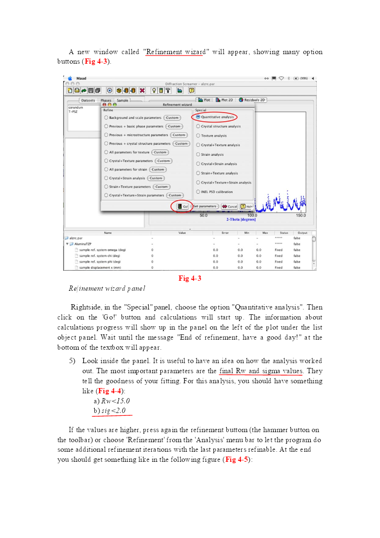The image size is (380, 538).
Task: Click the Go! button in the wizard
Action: pos(182,206)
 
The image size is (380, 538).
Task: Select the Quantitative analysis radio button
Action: pos(198,117)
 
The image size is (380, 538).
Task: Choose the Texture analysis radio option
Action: pos(198,136)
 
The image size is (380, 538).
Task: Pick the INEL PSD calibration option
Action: pos(198,192)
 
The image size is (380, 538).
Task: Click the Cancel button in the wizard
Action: pos(230,206)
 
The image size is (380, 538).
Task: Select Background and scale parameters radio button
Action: pos(106,118)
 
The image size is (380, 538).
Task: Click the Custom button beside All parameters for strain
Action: pos(158,170)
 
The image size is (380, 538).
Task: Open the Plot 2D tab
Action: pos(224,100)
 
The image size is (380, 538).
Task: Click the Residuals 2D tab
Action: pos(252,100)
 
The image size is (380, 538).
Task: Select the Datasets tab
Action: pos(88,101)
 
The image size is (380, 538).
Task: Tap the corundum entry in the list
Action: pos(76,108)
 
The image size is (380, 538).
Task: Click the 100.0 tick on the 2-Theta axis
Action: pos(252,215)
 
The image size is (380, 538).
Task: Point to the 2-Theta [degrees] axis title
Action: pos(241,219)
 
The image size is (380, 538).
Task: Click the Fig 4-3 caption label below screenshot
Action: pos(190,278)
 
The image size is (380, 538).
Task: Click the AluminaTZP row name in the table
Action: pos(83,244)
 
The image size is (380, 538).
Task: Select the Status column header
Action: pos(284,233)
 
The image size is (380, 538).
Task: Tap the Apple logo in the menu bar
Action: pos(69,79)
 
